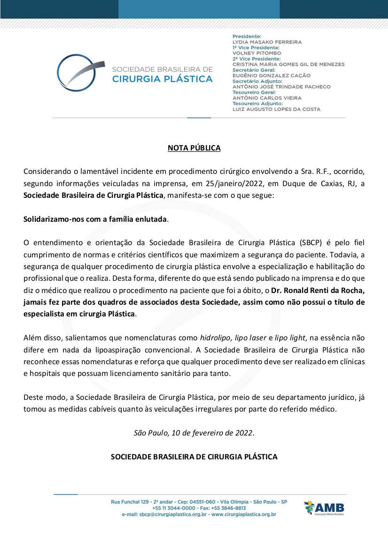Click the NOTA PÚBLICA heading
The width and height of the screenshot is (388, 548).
click(x=194, y=148)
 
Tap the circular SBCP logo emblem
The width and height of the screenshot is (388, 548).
click(x=78, y=73)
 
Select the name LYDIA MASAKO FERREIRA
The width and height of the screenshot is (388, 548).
click(x=267, y=42)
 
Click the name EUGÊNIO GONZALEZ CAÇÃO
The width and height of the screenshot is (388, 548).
click(x=272, y=75)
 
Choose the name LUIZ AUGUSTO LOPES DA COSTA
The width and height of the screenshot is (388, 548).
click(x=276, y=109)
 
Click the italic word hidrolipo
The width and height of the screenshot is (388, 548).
click(x=214, y=338)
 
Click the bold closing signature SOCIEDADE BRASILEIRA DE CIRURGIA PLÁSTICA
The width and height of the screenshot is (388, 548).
click(x=194, y=456)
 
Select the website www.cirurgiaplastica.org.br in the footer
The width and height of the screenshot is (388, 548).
click(x=244, y=514)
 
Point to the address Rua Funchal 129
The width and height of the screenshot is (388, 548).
click(x=130, y=502)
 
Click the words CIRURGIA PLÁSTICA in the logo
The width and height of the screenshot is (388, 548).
click(x=163, y=79)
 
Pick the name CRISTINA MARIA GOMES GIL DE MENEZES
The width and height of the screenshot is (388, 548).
click(x=288, y=64)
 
